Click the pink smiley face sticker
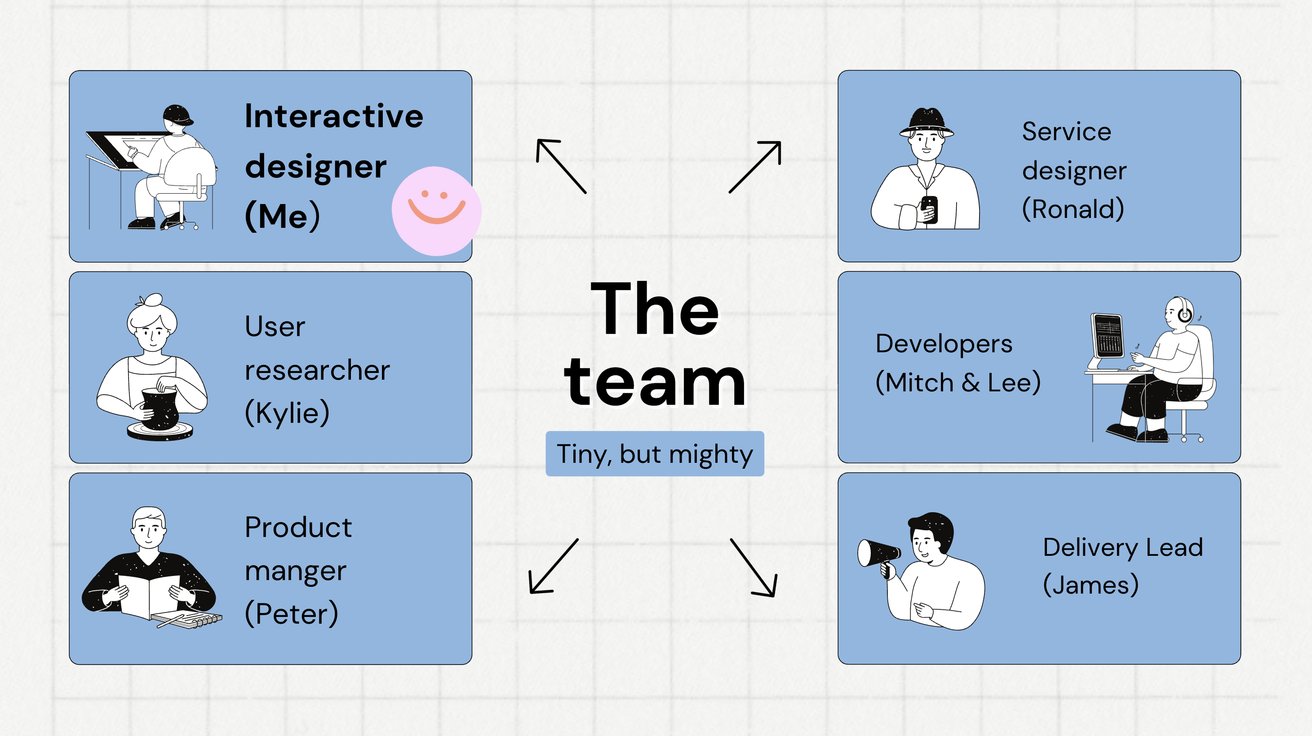(x=436, y=211)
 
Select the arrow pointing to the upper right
(x=755, y=167)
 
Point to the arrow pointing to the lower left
(x=553, y=567)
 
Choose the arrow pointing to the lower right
(x=754, y=568)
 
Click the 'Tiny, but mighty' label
(x=655, y=454)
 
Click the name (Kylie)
(x=287, y=412)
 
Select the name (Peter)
(x=291, y=613)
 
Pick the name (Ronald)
(x=1073, y=209)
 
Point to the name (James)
(x=1090, y=585)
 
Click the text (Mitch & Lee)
(x=957, y=382)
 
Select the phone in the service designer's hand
(x=930, y=209)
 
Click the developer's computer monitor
(x=1107, y=336)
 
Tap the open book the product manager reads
(x=149, y=596)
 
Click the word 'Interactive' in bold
(x=333, y=116)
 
